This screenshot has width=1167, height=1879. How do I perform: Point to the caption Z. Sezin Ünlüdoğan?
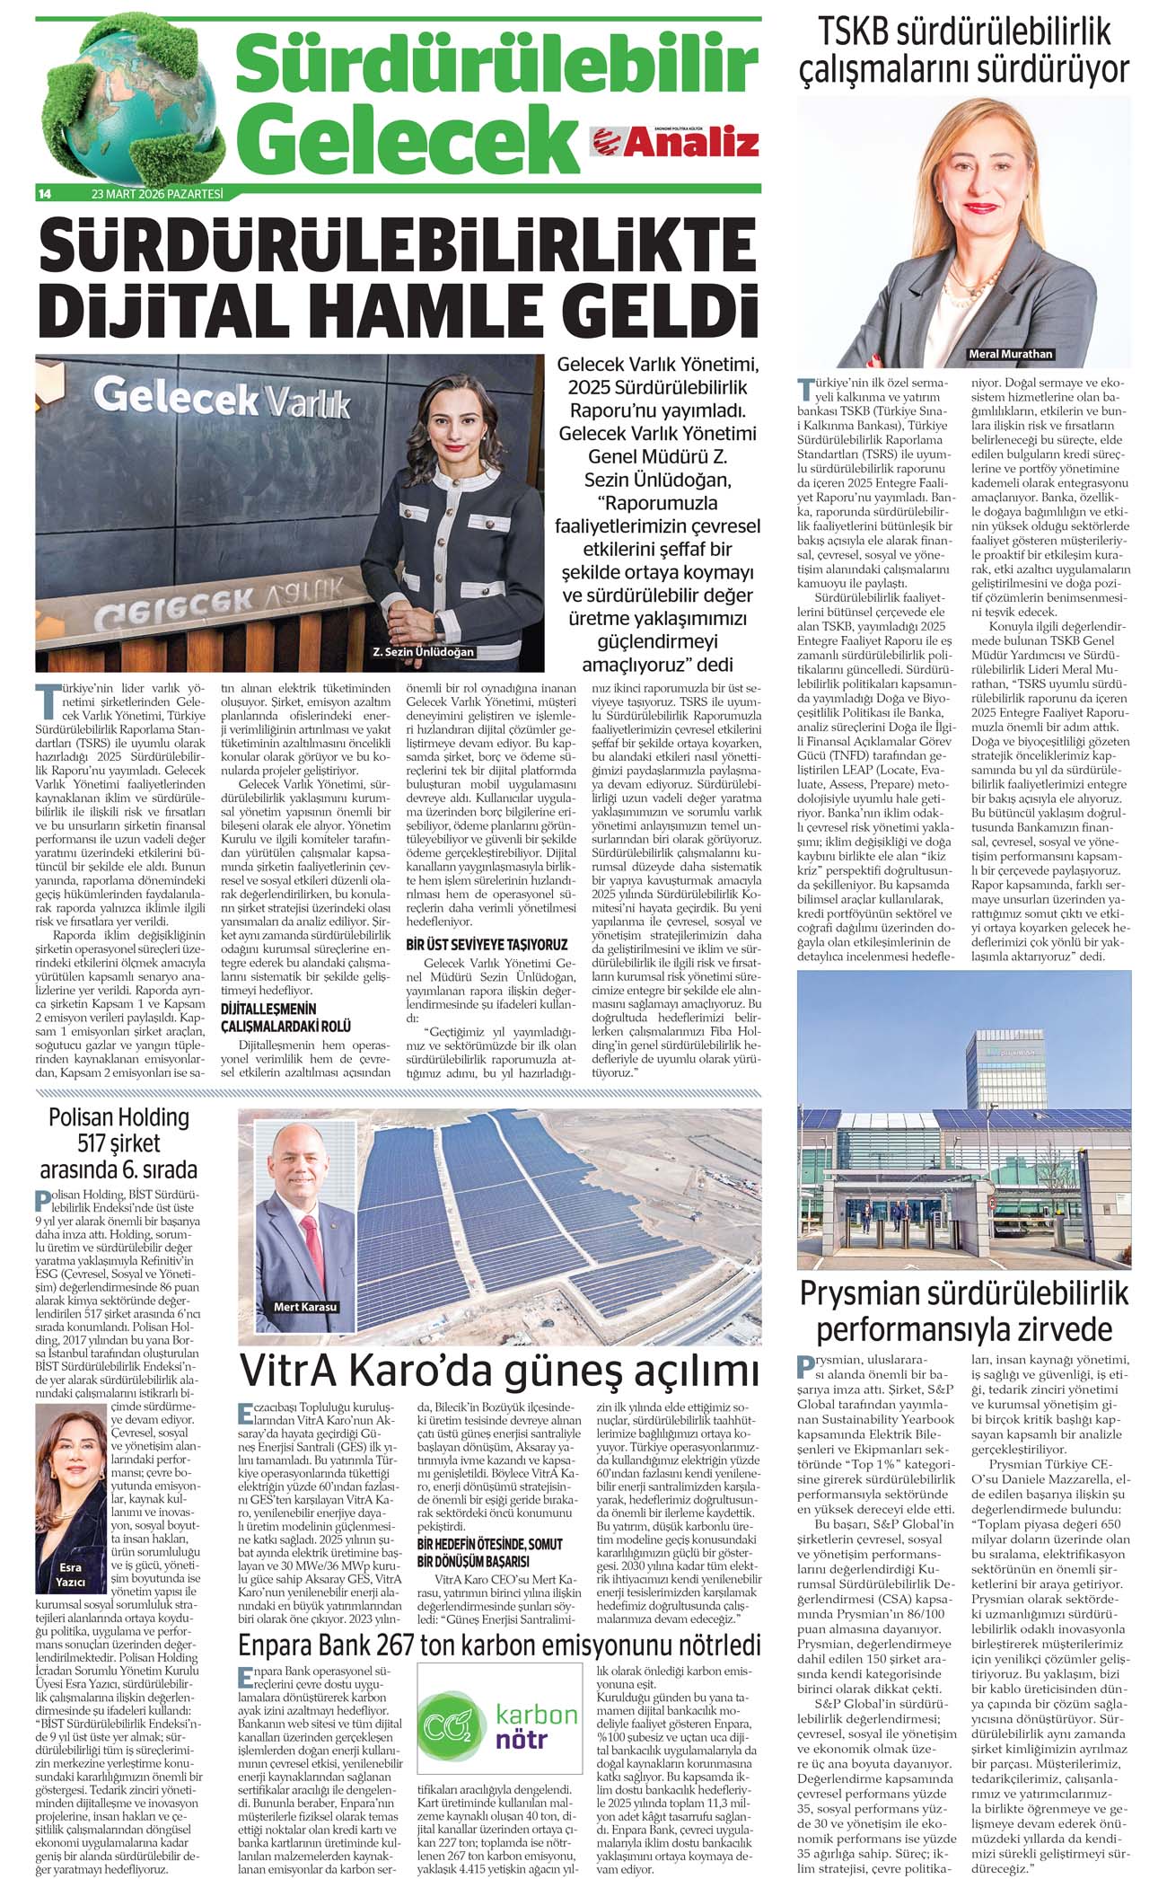pyautogui.click(x=423, y=651)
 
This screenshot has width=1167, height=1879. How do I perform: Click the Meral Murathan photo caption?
pyautogui.click(x=1010, y=354)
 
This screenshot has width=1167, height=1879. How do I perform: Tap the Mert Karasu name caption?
pyautogui.click(x=305, y=1306)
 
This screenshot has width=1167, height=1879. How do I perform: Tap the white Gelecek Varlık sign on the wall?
pyautogui.click(x=221, y=398)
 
